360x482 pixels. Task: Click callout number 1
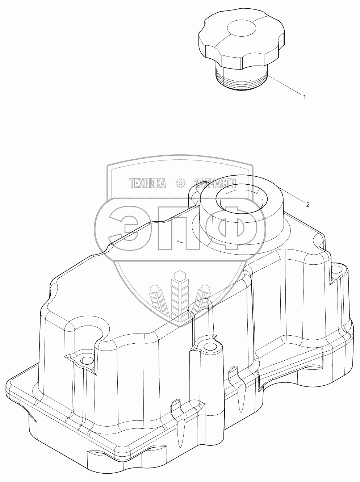305,97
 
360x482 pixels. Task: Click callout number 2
307,204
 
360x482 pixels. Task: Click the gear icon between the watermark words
180,184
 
